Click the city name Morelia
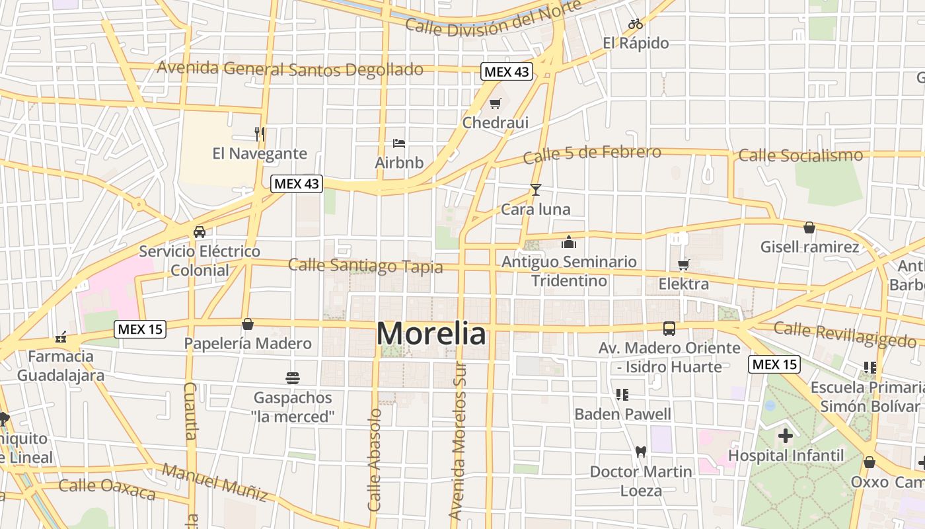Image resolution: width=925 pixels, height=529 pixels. point(431,333)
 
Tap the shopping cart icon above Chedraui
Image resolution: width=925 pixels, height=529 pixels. point(496,103)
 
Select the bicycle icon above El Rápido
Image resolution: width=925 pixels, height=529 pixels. point(636,24)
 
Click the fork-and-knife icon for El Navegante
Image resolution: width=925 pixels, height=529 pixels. point(260,134)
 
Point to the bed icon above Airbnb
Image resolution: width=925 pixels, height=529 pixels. point(399,143)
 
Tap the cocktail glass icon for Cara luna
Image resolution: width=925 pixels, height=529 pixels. point(535,190)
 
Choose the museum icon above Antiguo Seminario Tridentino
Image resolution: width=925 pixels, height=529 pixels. point(569,242)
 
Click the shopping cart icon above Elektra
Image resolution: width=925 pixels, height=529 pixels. point(683,264)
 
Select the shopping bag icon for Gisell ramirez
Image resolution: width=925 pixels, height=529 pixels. point(809,227)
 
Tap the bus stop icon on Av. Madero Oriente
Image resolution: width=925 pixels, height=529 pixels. point(669,328)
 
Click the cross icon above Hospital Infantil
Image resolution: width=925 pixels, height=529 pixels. point(786,436)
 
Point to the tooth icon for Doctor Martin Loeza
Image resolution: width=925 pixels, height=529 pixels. point(640,452)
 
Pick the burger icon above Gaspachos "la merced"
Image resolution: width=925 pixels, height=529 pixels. point(293,378)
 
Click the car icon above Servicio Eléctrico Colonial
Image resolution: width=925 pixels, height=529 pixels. point(199,232)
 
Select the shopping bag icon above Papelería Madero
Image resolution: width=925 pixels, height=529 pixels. point(248,324)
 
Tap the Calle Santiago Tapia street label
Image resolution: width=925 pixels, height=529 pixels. point(365,266)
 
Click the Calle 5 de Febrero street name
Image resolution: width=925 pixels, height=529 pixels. point(592,154)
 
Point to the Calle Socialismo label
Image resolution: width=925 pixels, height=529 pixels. point(800,155)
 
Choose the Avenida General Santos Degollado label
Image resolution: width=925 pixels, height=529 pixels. point(290,69)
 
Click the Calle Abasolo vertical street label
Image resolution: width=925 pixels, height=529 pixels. point(375,460)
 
